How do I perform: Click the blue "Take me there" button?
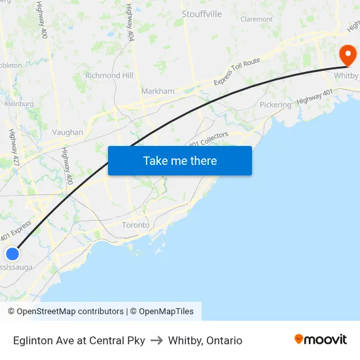(179, 160)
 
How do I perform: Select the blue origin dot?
(12, 253)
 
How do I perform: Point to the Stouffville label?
(201, 14)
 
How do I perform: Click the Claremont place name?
(256, 20)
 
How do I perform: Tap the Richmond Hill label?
(109, 75)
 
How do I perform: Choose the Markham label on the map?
(158, 91)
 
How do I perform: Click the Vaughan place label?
(67, 132)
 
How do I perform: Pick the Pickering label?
(275, 105)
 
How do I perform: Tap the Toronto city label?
(135, 225)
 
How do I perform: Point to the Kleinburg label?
(19, 103)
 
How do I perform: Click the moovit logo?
(320, 340)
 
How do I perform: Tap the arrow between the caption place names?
(156, 340)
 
